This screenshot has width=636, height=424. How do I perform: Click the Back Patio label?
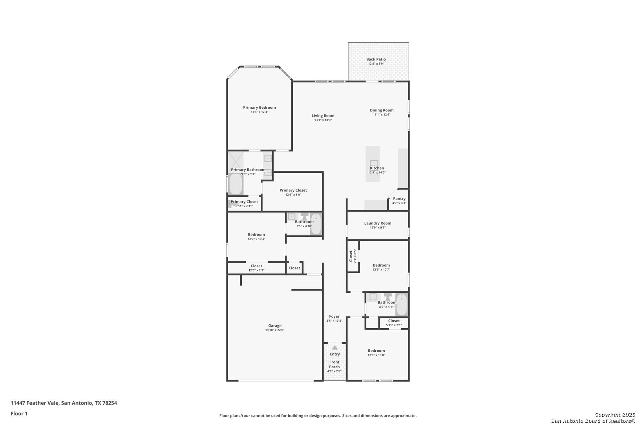pos(376,59)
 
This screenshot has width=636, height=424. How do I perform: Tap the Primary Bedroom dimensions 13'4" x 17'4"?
pos(259,112)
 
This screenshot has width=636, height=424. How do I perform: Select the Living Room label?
pos(323,115)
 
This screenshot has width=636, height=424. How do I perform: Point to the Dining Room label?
pos(382,110)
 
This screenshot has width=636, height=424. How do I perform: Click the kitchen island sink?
pos(374,164)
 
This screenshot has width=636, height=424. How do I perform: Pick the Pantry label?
pos(399,199)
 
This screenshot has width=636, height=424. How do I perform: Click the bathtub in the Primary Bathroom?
pos(236,184)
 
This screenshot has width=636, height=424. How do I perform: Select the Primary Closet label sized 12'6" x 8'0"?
pos(293,190)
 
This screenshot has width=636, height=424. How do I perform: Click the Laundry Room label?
pos(378,223)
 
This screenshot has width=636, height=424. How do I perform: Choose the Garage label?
pos(274,326)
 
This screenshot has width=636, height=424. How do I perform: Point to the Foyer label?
pos(334,316)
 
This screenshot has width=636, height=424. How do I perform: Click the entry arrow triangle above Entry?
pos(335,347)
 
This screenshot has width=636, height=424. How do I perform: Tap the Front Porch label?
pos(334,364)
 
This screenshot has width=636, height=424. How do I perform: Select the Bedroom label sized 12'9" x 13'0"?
pos(376,351)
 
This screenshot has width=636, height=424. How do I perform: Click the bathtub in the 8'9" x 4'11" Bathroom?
pos(401,305)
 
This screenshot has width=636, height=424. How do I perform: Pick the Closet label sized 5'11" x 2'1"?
pos(394,321)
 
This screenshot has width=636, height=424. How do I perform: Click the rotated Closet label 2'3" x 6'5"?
pos(351,256)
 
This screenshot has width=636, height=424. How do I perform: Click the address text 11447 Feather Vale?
pos(35,403)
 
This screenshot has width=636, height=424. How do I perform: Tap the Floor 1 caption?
pos(19,413)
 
